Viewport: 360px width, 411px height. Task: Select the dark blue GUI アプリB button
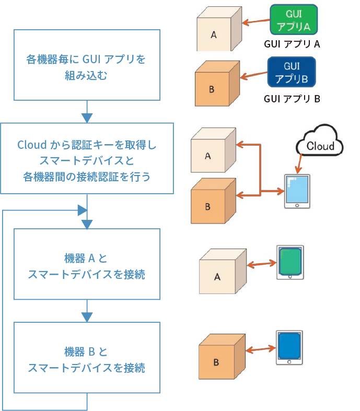coord(292,72)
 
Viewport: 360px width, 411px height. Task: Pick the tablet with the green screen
coord(290,262)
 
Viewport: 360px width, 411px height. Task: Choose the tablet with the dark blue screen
coord(289,347)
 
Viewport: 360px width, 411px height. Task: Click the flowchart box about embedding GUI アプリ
coord(86,65)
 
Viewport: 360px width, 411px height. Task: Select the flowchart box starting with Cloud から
coord(86,159)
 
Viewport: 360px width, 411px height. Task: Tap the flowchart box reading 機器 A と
coord(86,264)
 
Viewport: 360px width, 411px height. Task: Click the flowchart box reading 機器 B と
coord(86,357)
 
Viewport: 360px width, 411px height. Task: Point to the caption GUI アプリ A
coord(292,44)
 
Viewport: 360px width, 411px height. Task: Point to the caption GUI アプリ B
coord(292,98)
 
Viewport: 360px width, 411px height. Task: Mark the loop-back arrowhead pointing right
coord(82,210)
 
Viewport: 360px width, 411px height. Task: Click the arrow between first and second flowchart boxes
coord(87,111)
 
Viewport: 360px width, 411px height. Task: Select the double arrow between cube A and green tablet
coord(260,265)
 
